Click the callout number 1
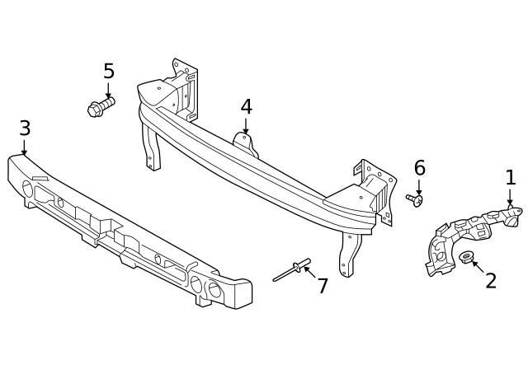tap(510, 178)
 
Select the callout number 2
tap(491, 282)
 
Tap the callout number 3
tap(25, 129)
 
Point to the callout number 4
tap(246, 108)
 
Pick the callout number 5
tap(108, 72)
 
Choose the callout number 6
tap(419, 169)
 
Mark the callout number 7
tap(323, 287)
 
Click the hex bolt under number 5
tap(100, 107)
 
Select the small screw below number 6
tap(414, 199)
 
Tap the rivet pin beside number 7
tap(292, 270)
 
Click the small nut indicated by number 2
tap(466, 257)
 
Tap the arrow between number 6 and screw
tap(419, 187)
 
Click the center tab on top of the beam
tap(245, 143)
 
